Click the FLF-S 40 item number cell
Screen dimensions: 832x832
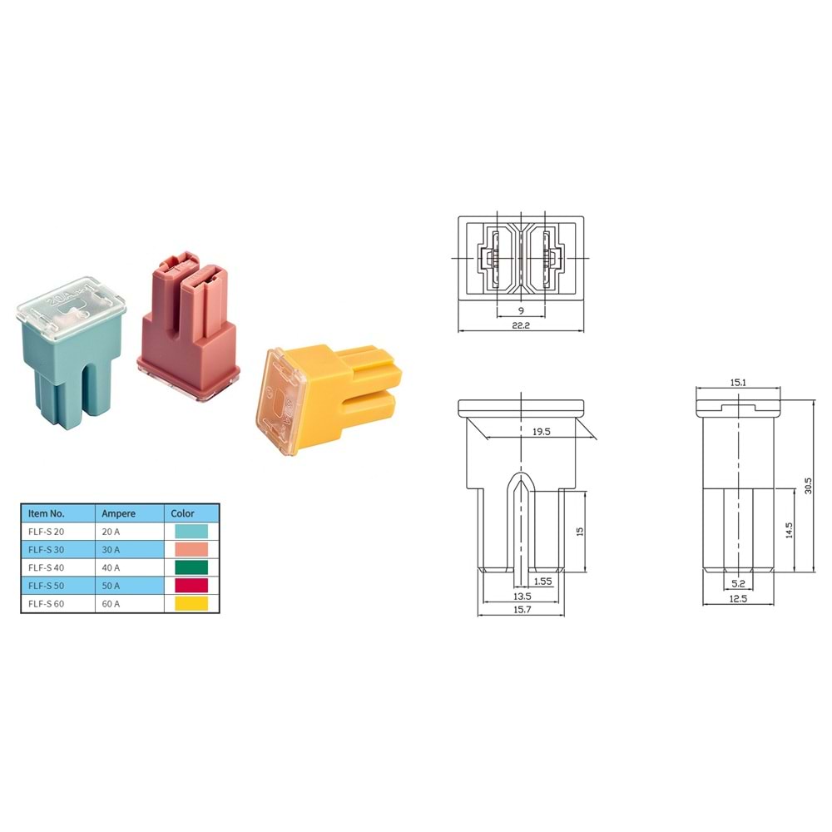46,567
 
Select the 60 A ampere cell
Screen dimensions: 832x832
111,604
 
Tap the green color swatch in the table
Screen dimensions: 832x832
191,567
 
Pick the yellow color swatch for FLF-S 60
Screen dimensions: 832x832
191,603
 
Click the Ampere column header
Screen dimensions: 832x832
118,513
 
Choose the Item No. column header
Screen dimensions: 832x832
46,513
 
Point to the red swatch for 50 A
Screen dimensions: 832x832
191,585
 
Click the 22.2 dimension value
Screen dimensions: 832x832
521,325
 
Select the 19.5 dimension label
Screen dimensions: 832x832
542,432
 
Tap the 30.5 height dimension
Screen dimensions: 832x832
808,486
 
